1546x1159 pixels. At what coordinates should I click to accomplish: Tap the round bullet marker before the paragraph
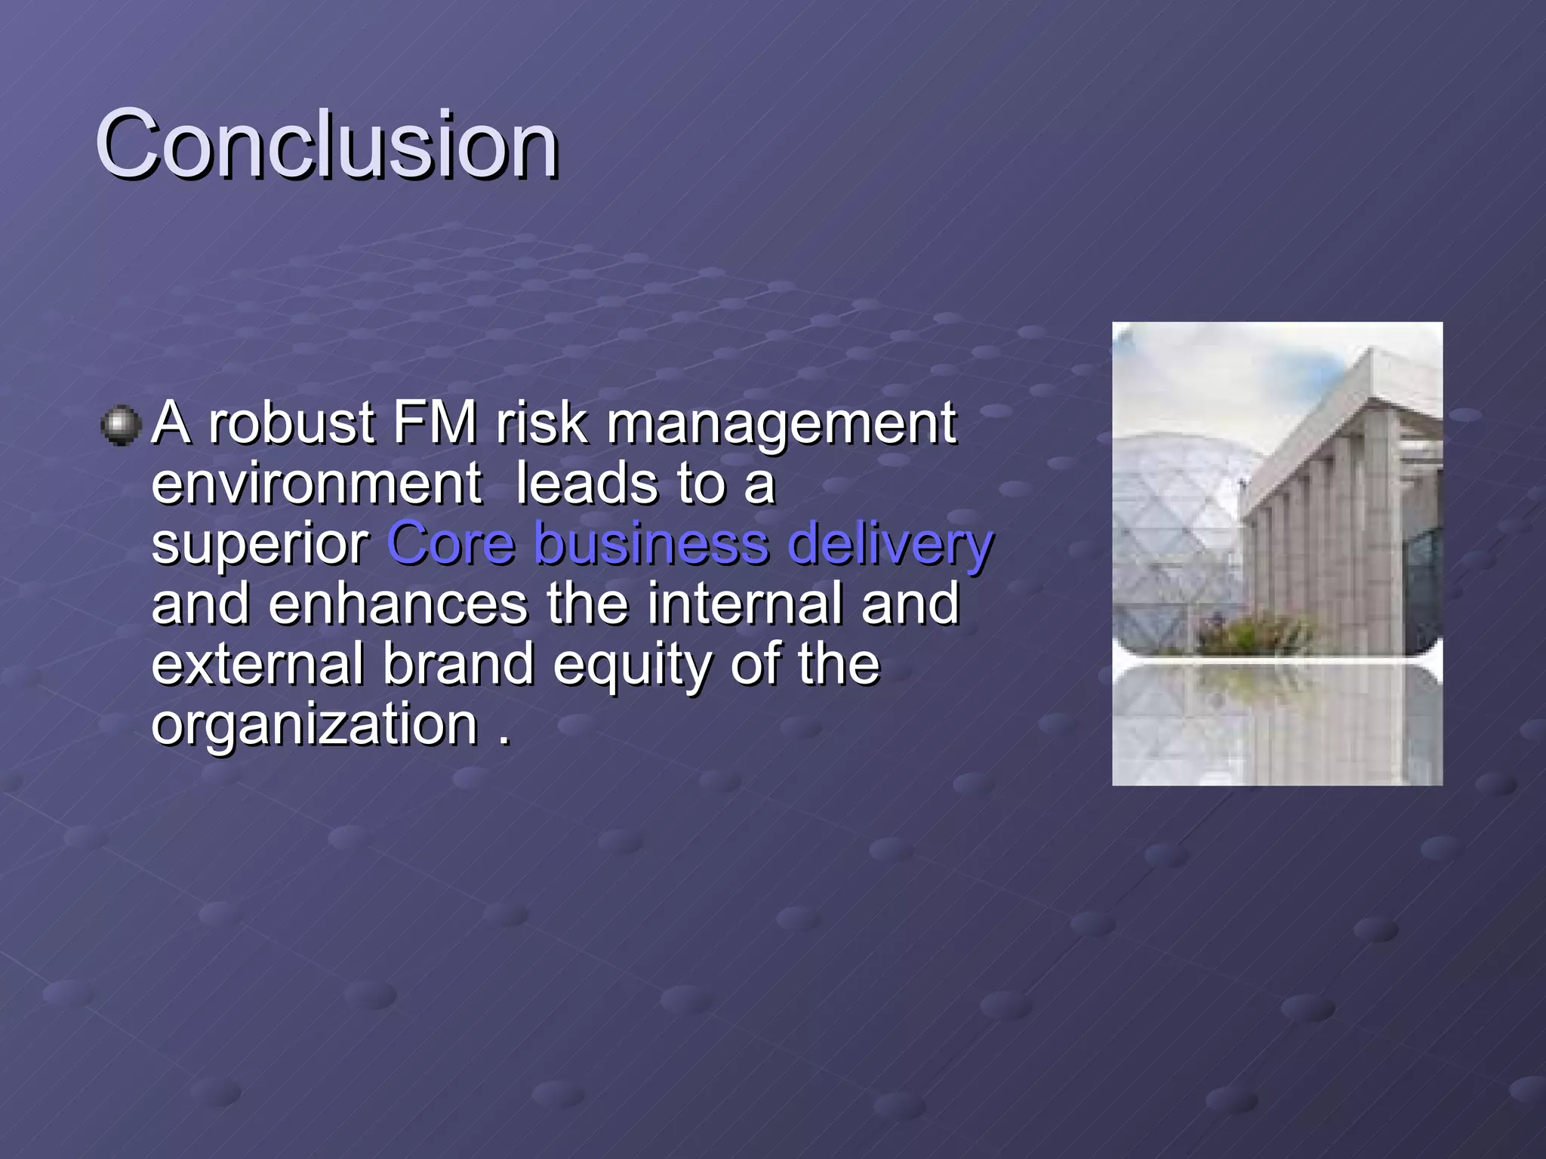(x=121, y=426)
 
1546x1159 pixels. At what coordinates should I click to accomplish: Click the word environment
(x=316, y=484)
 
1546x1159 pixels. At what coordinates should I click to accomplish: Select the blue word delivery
(x=890, y=545)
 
